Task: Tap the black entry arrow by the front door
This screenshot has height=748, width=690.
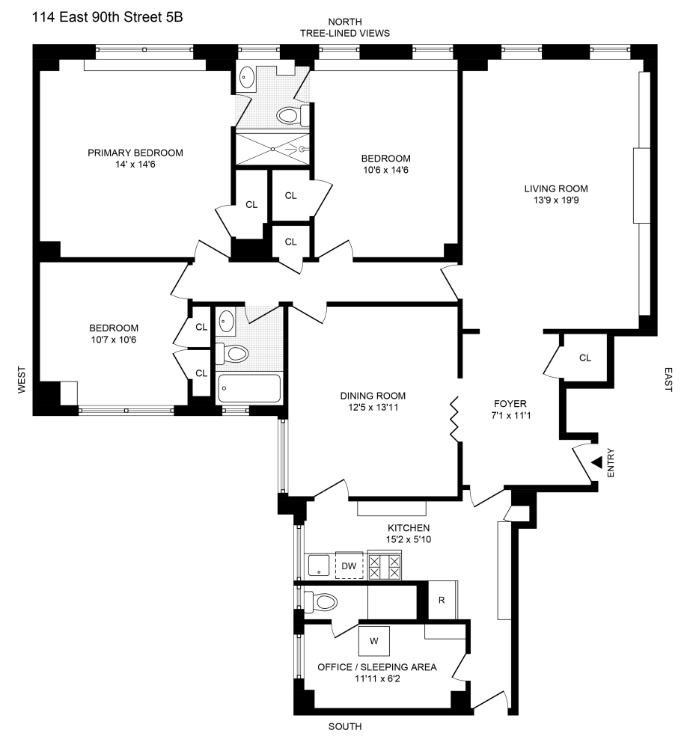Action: coord(596,464)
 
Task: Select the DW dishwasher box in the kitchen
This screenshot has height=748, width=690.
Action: coord(349,565)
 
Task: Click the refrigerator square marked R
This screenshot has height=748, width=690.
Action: coord(442,601)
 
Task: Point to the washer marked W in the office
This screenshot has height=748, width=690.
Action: coord(374,640)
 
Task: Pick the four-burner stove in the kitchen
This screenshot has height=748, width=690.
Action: coord(385,565)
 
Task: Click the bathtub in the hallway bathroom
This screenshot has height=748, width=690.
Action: coord(248,389)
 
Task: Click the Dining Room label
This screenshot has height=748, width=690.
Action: coord(373,396)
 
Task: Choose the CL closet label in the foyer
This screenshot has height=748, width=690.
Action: coord(585,358)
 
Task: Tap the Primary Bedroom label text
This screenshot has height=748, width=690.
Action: coord(135,153)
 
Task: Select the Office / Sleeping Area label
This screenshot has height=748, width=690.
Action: coord(377,666)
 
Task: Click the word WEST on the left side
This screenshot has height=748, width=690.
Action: coord(22,380)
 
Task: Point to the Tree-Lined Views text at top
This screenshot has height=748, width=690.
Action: coord(345,33)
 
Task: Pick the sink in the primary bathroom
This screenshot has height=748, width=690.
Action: coord(247,79)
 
